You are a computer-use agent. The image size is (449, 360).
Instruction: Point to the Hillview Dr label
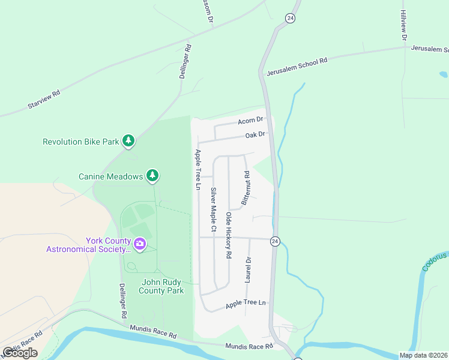404,24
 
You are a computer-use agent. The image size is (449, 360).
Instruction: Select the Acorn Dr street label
251,121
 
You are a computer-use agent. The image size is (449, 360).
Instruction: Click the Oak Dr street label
255,135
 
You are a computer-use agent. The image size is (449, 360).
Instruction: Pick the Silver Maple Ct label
213,209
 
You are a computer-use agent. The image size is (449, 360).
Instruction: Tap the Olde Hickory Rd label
229,235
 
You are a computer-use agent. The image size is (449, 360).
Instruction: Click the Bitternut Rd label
246,188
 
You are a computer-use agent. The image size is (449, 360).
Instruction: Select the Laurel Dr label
248,270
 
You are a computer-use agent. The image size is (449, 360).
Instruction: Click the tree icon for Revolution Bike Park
128,141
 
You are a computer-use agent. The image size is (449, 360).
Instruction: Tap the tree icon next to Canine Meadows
153,175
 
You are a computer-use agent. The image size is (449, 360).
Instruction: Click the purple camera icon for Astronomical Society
140,244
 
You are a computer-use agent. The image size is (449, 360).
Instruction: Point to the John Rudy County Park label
161,286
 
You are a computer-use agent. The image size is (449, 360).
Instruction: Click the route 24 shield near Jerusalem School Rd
291,18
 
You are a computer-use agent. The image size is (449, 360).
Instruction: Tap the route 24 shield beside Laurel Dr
275,241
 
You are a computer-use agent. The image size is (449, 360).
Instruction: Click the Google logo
20,353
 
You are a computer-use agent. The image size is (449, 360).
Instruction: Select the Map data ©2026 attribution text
423,355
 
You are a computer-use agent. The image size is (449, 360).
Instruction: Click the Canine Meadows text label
111,176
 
